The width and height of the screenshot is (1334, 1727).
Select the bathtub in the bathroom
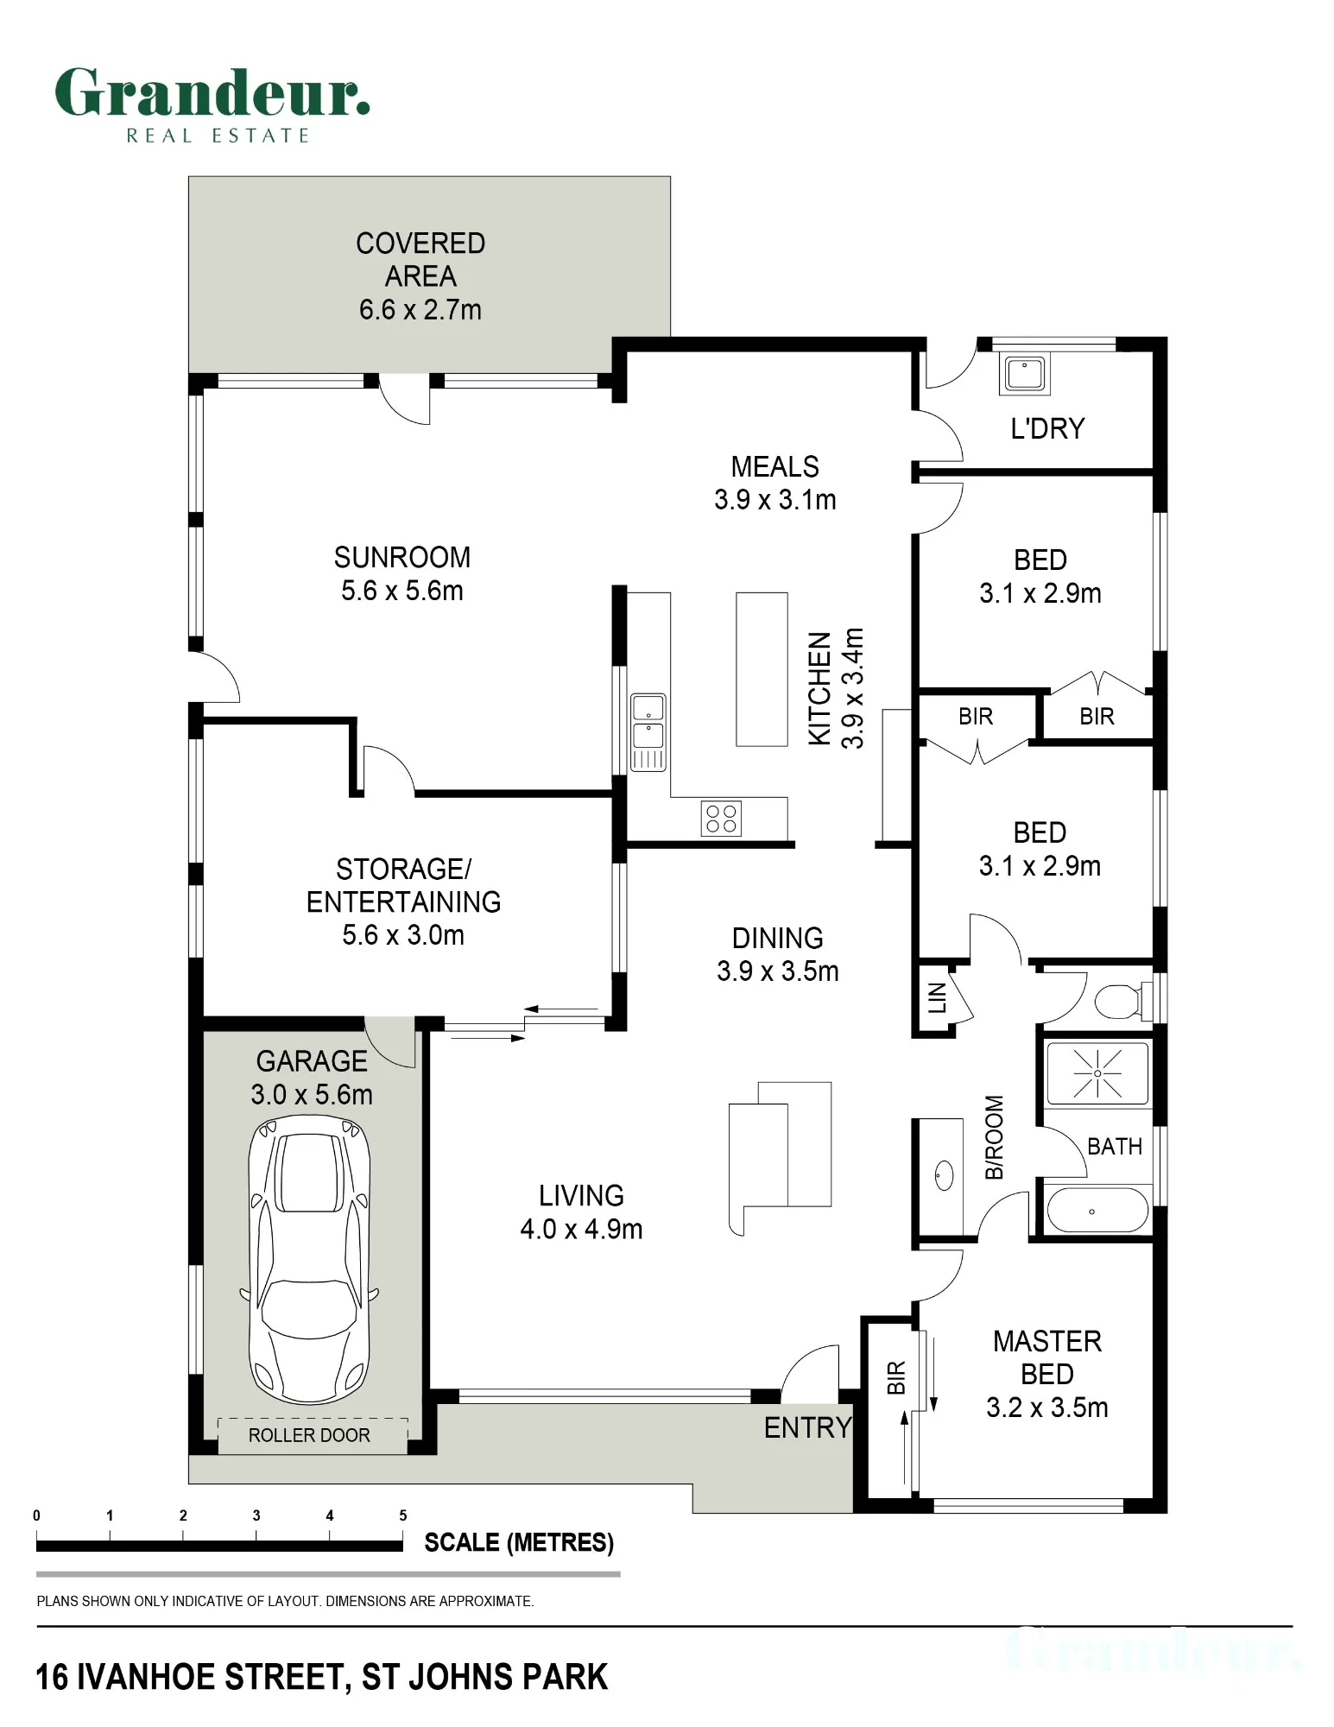[1097, 1211]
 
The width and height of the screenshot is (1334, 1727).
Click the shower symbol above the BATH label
[1097, 1073]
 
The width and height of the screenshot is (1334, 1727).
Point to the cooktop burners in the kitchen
[721, 818]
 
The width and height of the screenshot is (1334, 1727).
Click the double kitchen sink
[648, 731]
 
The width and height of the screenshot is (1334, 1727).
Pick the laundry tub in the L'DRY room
[1025, 374]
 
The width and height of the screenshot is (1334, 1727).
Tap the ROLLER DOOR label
[309, 1435]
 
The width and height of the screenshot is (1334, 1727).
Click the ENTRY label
[808, 1428]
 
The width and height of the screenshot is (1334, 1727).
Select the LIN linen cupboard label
[938, 997]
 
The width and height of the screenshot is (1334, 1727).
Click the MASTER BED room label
[1047, 1357]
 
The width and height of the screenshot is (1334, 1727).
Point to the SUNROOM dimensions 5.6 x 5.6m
[402, 591]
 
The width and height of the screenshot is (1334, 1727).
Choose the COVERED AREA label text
[420, 259]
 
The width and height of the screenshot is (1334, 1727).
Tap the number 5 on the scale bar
[403, 1515]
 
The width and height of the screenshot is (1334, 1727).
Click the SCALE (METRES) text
[519, 1543]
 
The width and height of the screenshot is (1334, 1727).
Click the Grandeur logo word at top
[212, 92]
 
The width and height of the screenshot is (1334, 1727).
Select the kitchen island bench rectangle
[762, 669]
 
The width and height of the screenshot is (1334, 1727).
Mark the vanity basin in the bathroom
[944, 1175]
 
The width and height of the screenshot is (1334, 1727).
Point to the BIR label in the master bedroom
[896, 1377]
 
